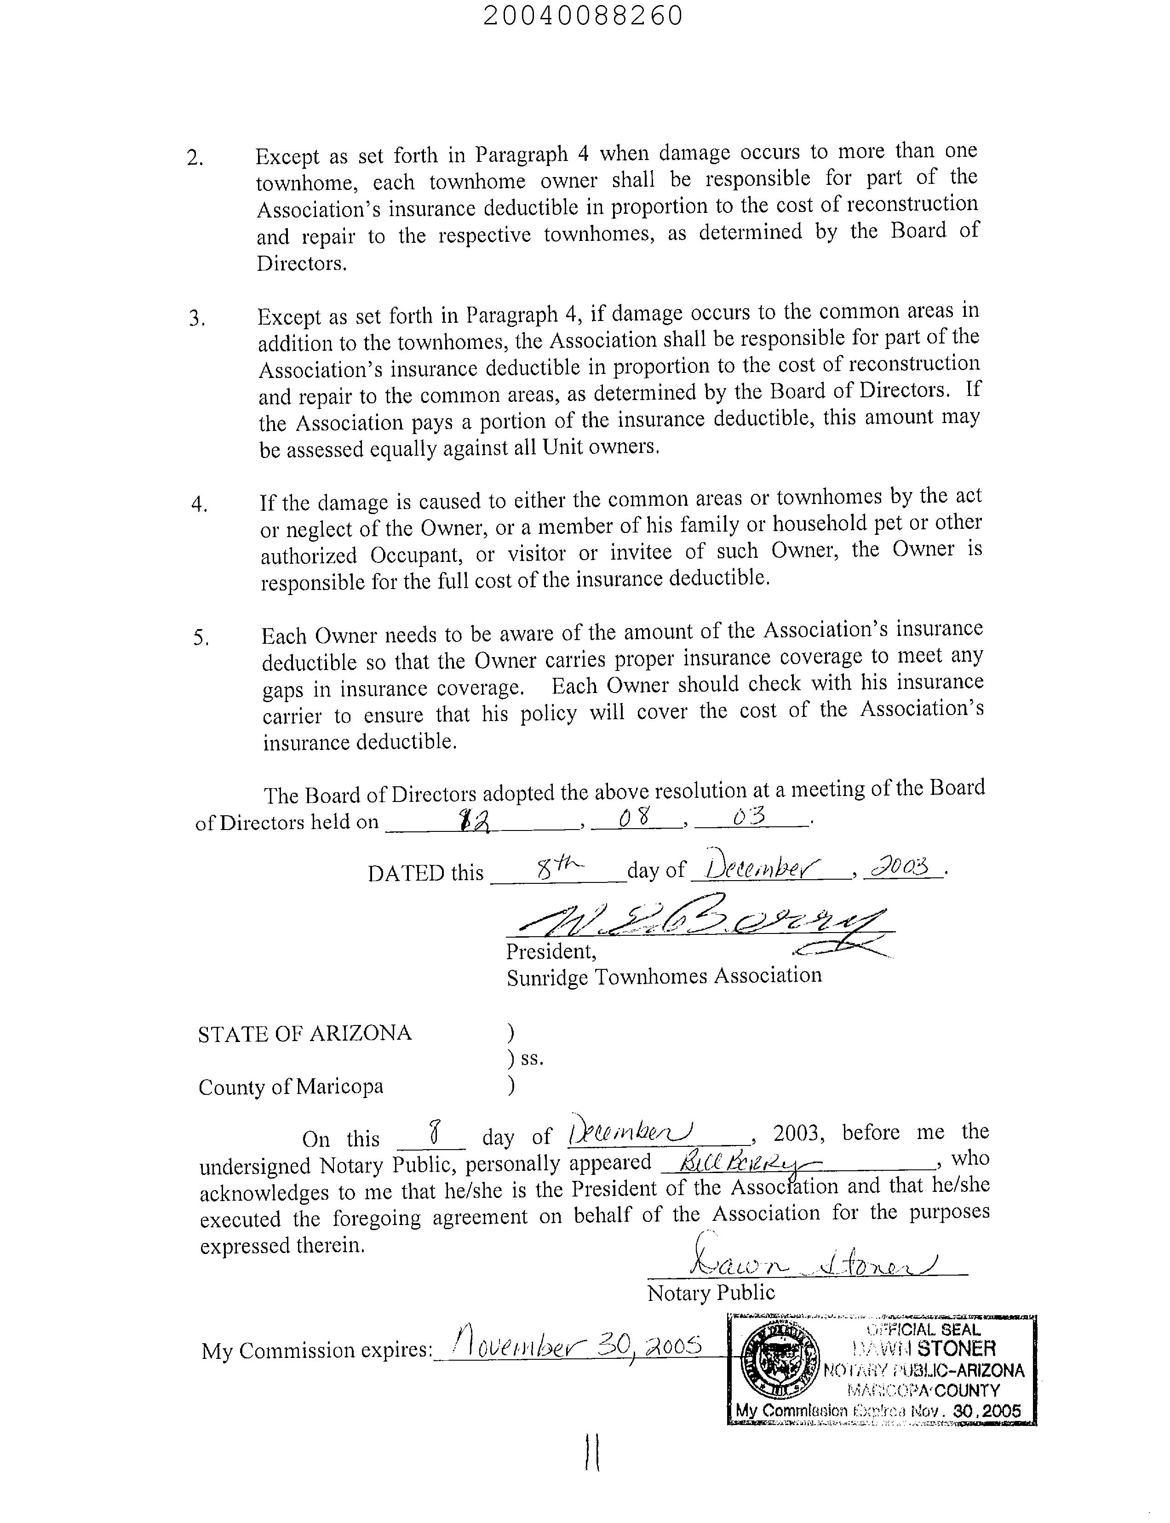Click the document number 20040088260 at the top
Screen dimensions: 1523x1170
tap(582, 15)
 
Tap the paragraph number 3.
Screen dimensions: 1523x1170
tap(196, 319)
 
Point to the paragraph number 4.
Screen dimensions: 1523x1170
tap(199, 504)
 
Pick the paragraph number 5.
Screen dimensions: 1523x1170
tap(201, 638)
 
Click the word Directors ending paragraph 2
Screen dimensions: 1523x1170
tap(301, 264)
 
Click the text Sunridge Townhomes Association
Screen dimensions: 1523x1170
tap(664, 976)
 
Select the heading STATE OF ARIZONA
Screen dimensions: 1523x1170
tap(304, 1033)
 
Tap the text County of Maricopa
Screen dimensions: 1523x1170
tap(290, 1087)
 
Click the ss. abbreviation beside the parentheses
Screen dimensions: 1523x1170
tap(531, 1059)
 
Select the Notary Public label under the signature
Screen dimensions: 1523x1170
tap(711, 1293)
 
